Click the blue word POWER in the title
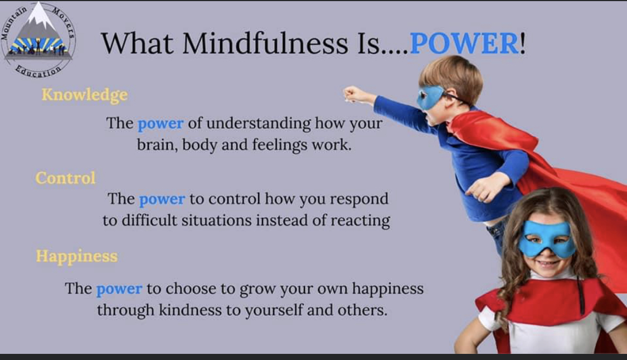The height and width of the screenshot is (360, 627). (464, 43)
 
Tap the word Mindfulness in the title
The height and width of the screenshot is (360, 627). (265, 43)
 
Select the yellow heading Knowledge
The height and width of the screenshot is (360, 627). (85, 95)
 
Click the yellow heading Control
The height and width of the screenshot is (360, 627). (66, 178)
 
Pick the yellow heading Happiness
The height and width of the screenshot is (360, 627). (77, 256)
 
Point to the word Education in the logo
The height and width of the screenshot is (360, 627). (38, 72)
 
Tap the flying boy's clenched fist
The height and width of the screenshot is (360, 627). (352, 94)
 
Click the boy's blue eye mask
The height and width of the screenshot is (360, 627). (430, 97)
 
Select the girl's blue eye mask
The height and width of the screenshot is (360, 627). (547, 239)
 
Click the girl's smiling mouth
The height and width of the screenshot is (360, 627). (547, 264)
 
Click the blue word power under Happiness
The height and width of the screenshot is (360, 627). (119, 289)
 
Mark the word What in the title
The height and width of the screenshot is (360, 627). (137, 43)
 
